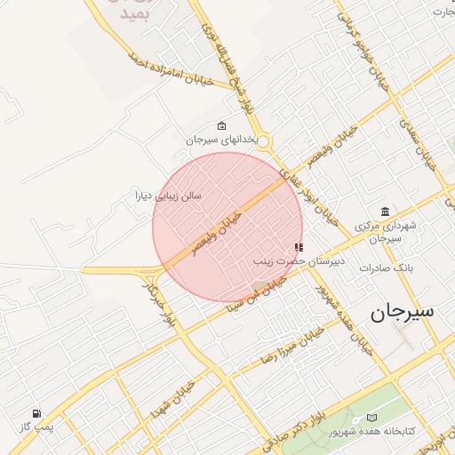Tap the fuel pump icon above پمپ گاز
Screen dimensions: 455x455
pyautogui.click(x=36, y=413)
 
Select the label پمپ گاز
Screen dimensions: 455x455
pyautogui.click(x=37, y=427)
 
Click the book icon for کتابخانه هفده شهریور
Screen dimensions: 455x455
pyautogui.click(x=371, y=418)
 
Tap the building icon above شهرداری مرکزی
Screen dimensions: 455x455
pyautogui.click(x=384, y=212)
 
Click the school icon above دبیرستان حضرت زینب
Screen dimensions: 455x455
pyautogui.click(x=299, y=247)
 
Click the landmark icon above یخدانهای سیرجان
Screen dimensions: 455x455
pyautogui.click(x=221, y=126)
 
